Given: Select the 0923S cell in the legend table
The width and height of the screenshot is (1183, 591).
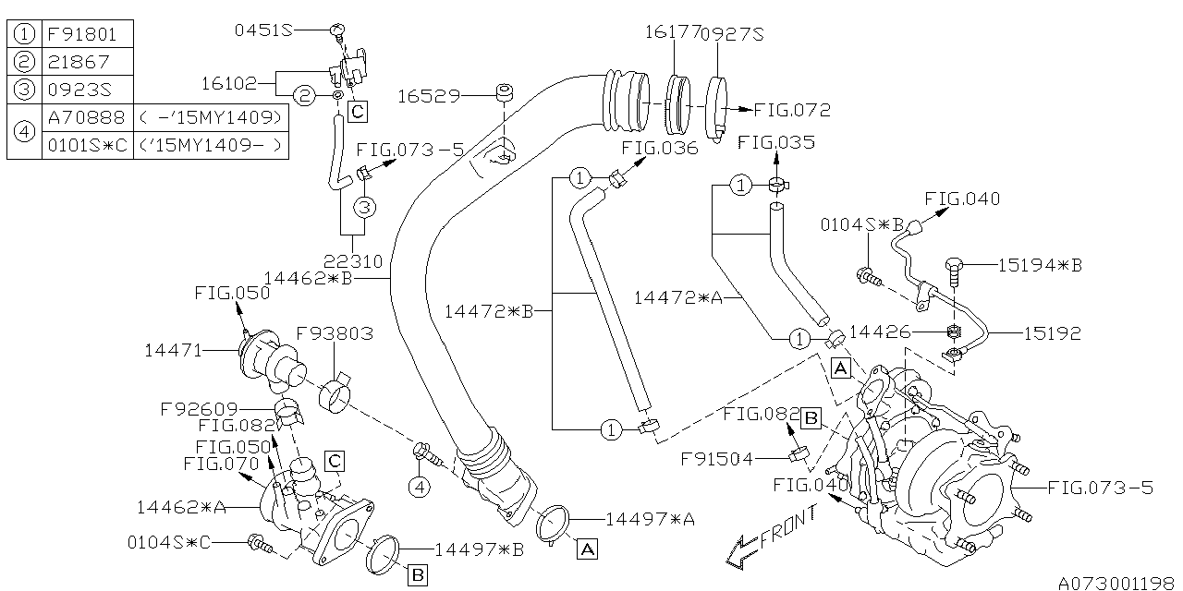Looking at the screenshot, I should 78,89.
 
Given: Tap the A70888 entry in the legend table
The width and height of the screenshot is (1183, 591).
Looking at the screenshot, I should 86,117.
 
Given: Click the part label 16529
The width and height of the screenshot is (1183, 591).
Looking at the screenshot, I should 428,95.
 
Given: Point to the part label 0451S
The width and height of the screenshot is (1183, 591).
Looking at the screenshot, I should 262,30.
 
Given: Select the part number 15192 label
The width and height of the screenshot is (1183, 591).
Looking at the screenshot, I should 1051,332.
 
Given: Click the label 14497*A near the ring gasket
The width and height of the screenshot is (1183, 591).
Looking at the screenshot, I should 650,520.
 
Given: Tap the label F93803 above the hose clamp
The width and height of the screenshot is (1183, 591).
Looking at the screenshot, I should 335,333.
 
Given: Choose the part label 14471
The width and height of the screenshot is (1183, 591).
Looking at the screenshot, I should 173,350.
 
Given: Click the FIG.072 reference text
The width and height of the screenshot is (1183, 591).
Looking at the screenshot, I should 792,110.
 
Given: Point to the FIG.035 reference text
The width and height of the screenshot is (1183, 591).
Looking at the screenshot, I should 776,143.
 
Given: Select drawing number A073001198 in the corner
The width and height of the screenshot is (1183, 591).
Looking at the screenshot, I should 1118,583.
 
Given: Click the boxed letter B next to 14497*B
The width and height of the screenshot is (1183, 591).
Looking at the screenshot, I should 417,575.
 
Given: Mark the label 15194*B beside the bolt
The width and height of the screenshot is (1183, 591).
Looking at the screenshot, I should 1040,265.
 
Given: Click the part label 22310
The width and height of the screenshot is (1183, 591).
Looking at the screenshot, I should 353,261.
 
